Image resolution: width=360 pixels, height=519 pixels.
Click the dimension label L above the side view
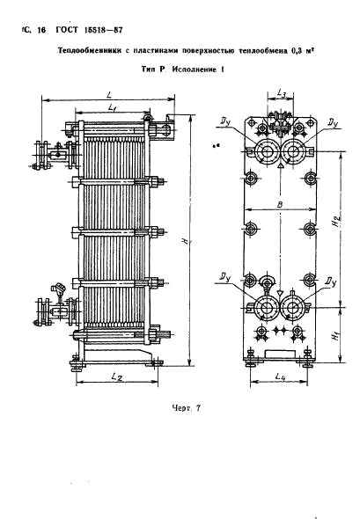click(109, 94)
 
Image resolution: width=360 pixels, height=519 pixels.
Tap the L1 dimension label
click(113, 106)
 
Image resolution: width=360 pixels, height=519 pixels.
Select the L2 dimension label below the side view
click(117, 376)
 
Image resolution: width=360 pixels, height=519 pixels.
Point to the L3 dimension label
click(281, 93)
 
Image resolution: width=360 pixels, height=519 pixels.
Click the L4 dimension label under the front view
click(280, 376)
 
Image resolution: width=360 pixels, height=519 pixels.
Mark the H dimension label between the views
click(186, 241)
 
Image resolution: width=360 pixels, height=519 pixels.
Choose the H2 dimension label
click(337, 221)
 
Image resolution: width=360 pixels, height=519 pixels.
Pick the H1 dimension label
click(337, 336)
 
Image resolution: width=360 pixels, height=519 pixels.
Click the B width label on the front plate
click(280, 205)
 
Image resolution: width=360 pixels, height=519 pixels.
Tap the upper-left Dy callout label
click(226, 122)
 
